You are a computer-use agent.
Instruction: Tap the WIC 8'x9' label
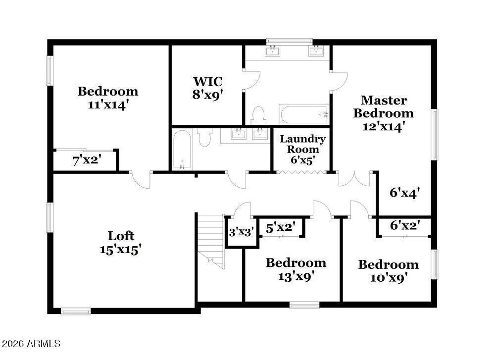(208, 88)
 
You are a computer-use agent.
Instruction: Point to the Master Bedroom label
(383, 107)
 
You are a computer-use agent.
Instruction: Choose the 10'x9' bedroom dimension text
(388, 278)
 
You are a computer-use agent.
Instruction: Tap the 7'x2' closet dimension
(87, 160)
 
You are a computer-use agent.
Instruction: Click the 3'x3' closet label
(242, 232)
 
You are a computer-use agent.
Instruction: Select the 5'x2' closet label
(281, 227)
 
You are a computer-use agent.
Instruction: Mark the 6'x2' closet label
(405, 225)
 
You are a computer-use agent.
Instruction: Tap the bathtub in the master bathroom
(304, 114)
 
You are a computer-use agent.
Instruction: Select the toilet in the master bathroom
(258, 115)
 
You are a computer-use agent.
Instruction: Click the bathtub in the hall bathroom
(182, 150)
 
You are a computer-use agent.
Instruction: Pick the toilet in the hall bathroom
(204, 137)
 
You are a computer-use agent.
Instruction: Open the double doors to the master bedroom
(355, 179)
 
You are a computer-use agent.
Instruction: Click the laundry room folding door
(302, 172)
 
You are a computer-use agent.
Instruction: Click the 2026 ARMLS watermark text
(31, 343)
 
